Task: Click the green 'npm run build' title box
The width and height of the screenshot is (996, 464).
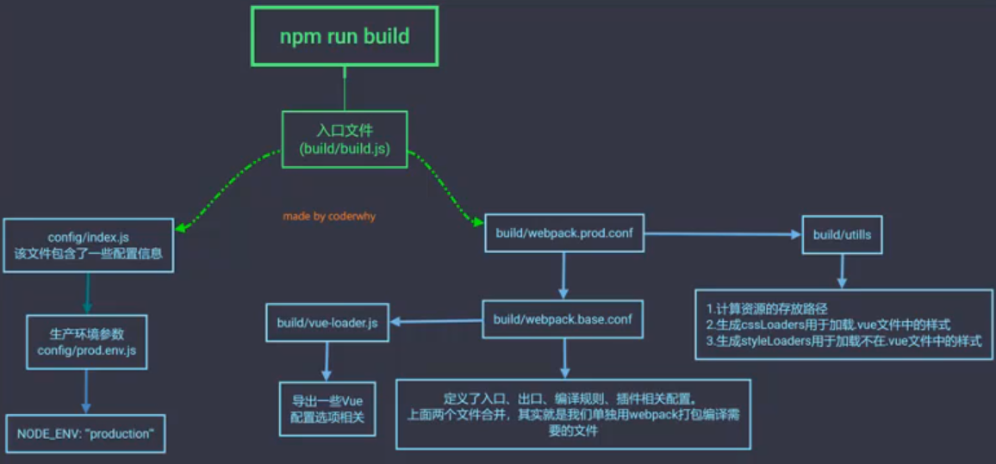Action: pyautogui.click(x=345, y=37)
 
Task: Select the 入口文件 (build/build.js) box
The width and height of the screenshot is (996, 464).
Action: pyautogui.click(x=345, y=139)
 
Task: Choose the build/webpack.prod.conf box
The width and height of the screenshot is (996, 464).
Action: pyautogui.click(x=564, y=232)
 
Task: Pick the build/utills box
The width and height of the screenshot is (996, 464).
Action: pyautogui.click(x=842, y=233)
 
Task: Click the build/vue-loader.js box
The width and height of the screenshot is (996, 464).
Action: pyautogui.click(x=327, y=322)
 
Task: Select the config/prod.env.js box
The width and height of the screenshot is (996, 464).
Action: pyautogui.click(x=86, y=342)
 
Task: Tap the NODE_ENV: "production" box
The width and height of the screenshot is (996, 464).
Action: pyautogui.click(x=85, y=434)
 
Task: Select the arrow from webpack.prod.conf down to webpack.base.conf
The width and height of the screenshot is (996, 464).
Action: pyautogui.click(x=563, y=275)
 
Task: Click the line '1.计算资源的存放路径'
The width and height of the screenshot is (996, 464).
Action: pyautogui.click(x=767, y=307)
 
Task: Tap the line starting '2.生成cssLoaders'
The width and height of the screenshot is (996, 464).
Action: pyautogui.click(x=827, y=325)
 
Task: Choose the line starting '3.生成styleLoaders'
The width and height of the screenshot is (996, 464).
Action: pyautogui.click(x=843, y=341)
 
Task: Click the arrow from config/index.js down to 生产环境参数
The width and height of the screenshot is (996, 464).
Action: pyautogui.click(x=86, y=293)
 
